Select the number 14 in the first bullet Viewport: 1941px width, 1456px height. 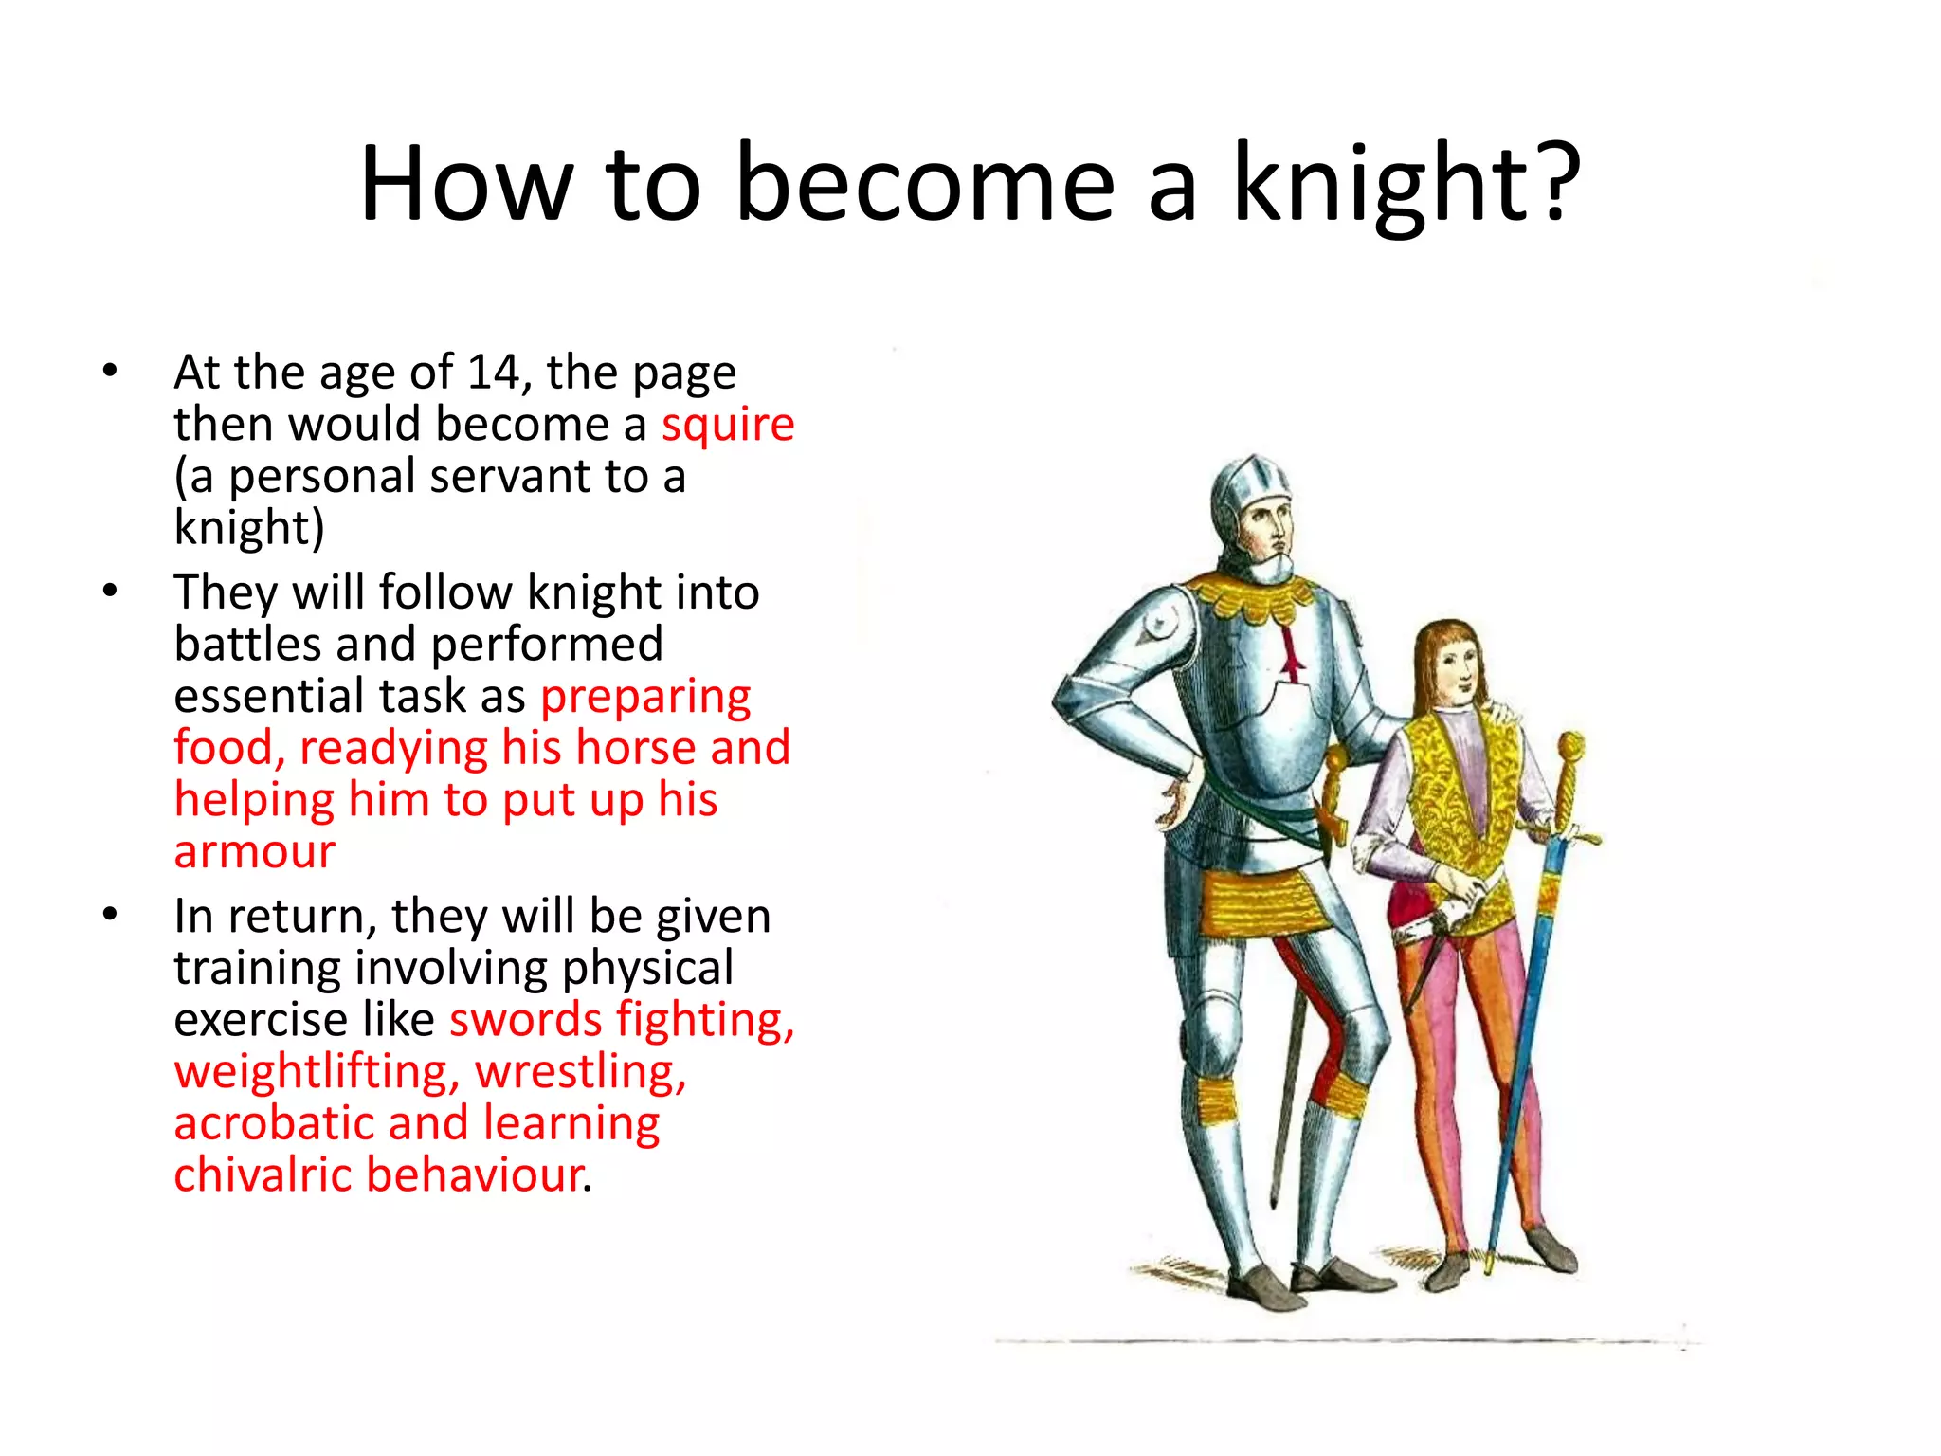point(493,372)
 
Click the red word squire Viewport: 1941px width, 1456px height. point(727,425)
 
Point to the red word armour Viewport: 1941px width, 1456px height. point(254,851)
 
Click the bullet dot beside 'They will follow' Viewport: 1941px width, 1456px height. point(111,591)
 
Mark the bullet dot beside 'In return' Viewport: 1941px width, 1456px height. point(111,916)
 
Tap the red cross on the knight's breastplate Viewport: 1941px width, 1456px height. point(1289,654)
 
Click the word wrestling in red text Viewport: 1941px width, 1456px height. point(580,1072)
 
